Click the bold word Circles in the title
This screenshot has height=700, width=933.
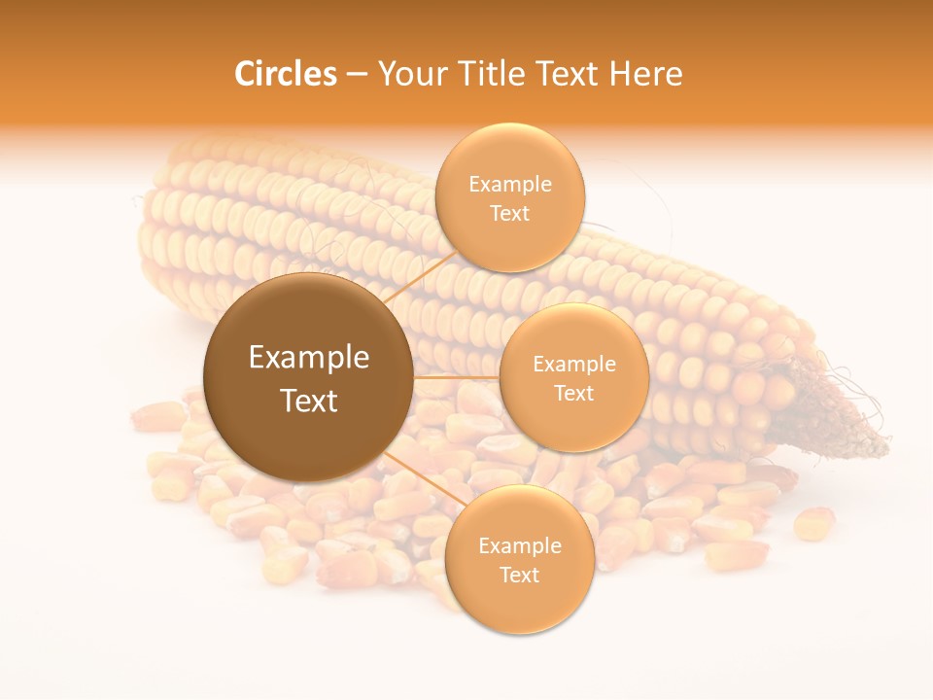(285, 74)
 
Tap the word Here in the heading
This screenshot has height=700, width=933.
(645, 74)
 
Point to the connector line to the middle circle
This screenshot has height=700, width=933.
(457, 377)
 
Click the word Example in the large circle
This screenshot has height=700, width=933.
(309, 358)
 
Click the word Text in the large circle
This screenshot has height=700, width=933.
(309, 401)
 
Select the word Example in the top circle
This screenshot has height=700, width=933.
(510, 185)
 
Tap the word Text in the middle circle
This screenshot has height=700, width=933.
(573, 393)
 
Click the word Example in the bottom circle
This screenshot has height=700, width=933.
(520, 546)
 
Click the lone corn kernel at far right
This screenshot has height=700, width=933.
(814, 523)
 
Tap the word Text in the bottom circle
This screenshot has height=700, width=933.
(519, 575)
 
